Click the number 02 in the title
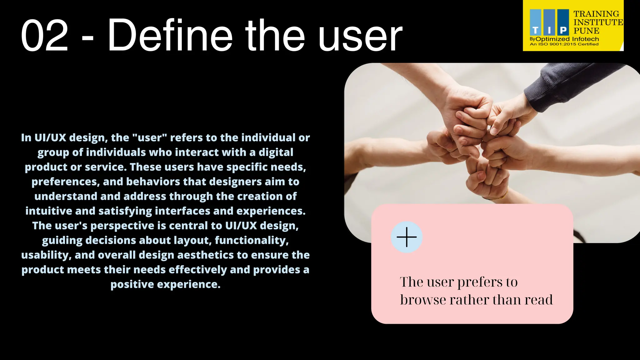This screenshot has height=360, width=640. point(44,36)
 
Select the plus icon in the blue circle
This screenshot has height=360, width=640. point(407,237)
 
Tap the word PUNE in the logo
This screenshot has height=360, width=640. point(586,31)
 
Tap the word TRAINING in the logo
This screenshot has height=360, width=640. point(596,14)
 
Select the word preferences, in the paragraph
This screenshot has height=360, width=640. point(66,182)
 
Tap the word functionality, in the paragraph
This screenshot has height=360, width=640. point(252,241)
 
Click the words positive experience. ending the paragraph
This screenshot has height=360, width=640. point(165,285)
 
